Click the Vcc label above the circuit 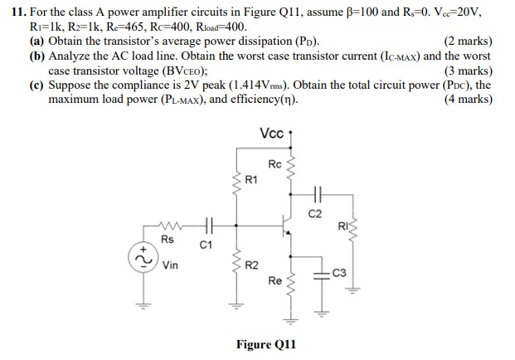pos(270,134)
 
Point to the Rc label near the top pos(275,163)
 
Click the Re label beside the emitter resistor pos(275,280)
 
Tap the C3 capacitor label pos(338,270)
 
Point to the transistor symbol pos(284,224)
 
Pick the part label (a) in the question pos(37,41)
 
